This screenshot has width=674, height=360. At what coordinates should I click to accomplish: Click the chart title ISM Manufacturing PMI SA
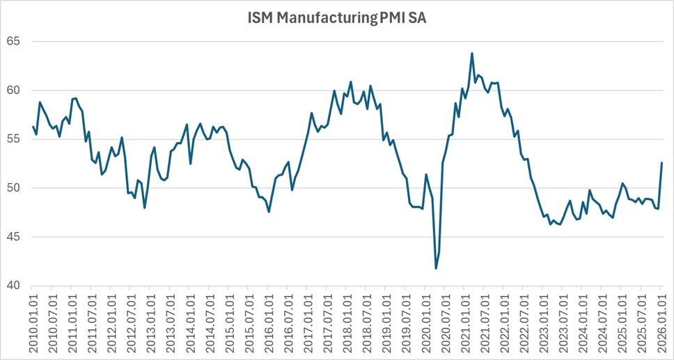click(337, 19)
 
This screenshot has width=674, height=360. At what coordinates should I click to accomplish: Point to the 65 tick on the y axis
click(13, 42)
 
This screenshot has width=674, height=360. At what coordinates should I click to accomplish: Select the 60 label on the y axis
click(13, 91)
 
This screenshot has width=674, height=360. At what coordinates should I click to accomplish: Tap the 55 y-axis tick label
click(13, 139)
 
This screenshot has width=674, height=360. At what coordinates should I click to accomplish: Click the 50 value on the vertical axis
click(13, 188)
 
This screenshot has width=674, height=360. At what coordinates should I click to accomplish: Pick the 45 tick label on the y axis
click(13, 237)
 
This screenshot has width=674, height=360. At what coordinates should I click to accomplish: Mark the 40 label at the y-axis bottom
click(13, 286)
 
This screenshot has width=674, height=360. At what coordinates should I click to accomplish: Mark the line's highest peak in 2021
click(472, 53)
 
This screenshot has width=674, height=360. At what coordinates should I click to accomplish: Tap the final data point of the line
click(661, 163)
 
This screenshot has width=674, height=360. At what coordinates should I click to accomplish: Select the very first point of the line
click(33, 126)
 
